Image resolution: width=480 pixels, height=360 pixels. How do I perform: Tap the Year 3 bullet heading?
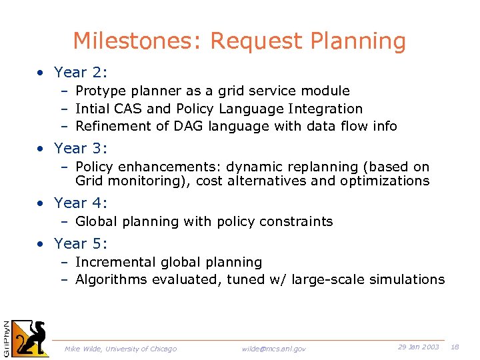[80, 149]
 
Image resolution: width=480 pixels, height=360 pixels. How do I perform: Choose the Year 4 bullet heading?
[80, 203]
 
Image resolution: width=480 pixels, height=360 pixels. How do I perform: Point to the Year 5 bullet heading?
[80, 243]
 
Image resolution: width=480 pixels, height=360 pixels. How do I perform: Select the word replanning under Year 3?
[317, 167]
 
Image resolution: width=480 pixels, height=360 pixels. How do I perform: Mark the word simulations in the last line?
[406, 280]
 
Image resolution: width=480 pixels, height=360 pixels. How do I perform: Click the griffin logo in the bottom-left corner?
[31, 338]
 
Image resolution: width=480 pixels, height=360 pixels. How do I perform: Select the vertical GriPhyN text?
[6, 337]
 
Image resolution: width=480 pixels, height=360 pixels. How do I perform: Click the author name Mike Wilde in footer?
[82, 349]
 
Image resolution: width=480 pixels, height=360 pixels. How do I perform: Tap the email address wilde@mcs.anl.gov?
[274, 349]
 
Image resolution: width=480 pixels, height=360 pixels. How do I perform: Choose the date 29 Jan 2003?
[418, 347]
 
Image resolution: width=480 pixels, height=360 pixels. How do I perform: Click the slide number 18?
[455, 347]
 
